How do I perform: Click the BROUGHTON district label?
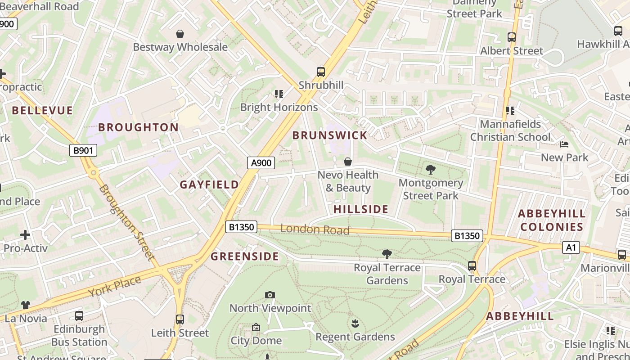pos(139,127)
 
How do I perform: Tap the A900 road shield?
pos(261,162)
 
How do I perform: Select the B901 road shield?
pos(83,150)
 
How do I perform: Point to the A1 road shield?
pos(571,247)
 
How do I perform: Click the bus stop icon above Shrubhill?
pos(321,72)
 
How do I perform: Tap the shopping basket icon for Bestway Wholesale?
pos(180,34)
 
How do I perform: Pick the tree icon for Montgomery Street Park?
pos(431,170)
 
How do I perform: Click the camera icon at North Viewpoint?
pos(270,295)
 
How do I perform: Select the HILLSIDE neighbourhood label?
pos(361,209)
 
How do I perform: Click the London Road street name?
pos(315,229)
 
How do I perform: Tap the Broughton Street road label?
pos(127,222)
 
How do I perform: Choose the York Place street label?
pos(115,286)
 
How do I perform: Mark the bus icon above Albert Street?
pos(512,37)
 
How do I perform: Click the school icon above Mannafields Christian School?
pos(510,110)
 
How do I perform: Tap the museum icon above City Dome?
pos(256,327)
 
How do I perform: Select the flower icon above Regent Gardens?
pos(355,323)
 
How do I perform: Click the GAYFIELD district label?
pos(209,184)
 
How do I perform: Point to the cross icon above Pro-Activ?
pos(25,234)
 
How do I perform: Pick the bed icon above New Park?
pos(564,144)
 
